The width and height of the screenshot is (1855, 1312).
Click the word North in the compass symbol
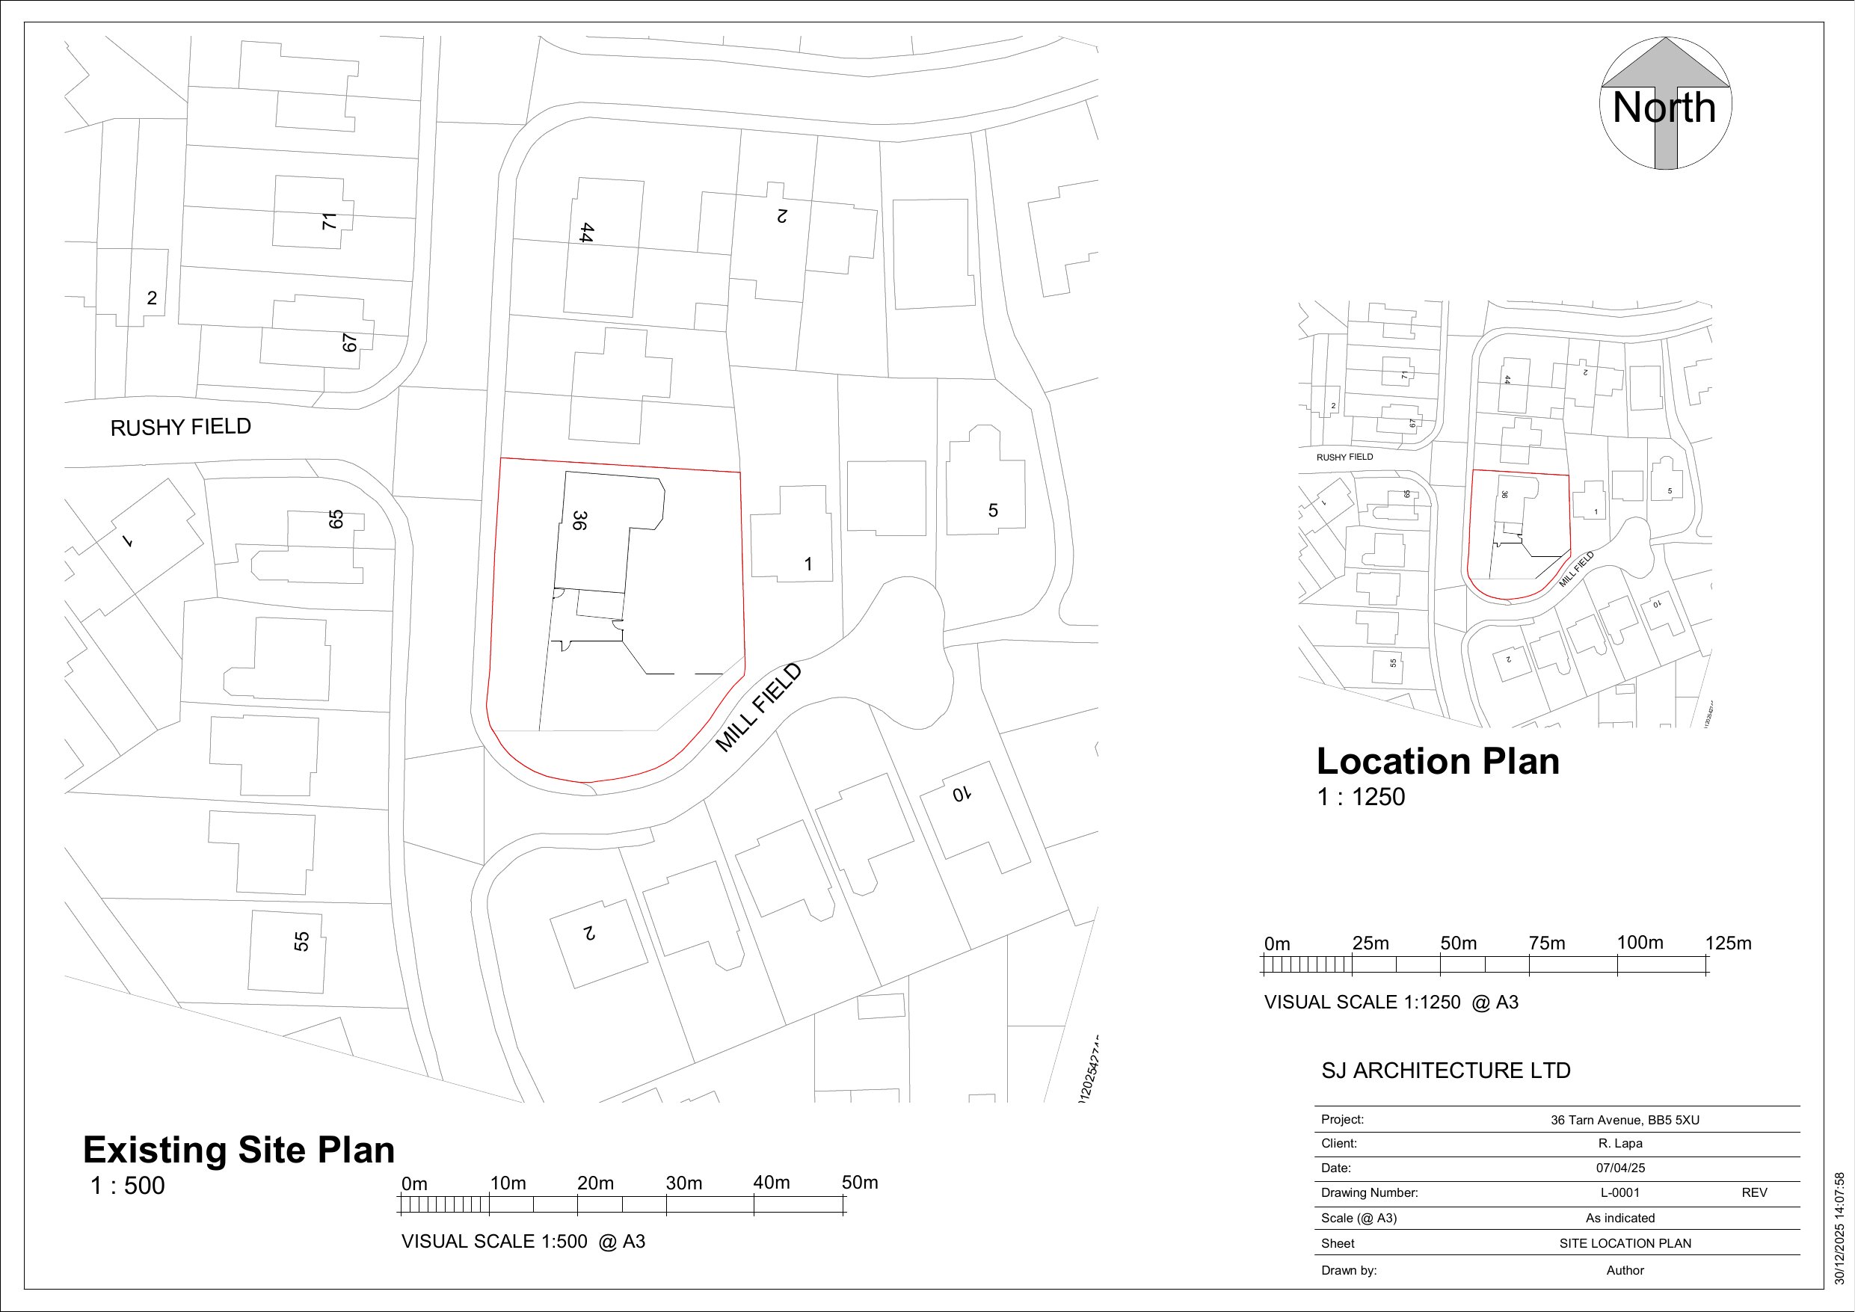(1664, 108)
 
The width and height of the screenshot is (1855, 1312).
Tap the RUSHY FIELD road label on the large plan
(180, 428)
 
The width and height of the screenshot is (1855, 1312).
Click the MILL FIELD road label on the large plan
(759, 708)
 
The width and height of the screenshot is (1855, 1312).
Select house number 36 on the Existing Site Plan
(579, 520)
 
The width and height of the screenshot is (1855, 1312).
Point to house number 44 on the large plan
(586, 232)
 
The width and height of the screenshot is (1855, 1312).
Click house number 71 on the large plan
(329, 221)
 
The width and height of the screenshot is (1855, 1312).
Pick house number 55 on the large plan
(301, 941)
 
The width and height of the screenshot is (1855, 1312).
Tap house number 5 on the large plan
(993, 511)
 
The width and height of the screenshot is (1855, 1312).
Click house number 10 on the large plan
(960, 794)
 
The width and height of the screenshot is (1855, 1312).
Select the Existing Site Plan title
(239, 1150)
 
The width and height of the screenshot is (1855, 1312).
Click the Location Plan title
(1438, 762)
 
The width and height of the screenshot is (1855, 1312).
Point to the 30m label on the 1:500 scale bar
(683, 1183)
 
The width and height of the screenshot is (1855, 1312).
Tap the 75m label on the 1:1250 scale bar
(1546, 943)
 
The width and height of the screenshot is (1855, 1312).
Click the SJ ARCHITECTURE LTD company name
(1446, 1071)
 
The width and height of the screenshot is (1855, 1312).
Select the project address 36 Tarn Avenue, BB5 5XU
(1625, 1121)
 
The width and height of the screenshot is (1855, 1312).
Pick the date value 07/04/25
(1620, 1168)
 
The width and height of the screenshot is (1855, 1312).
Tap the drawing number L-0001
(1620, 1193)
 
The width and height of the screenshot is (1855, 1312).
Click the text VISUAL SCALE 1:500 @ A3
(523, 1242)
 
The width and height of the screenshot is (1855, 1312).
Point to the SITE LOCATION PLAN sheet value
(1625, 1243)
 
